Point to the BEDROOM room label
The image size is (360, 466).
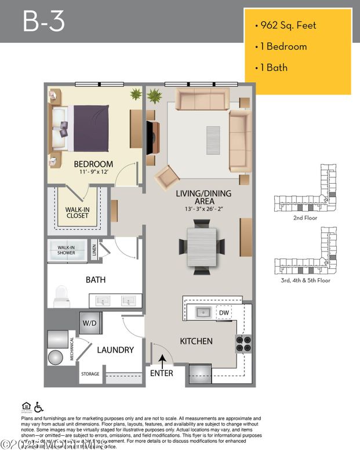(93, 164)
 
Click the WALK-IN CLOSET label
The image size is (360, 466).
(77, 212)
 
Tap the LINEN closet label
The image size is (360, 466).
(94, 250)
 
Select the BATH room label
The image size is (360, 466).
(96, 279)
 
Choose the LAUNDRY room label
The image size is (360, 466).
(115, 350)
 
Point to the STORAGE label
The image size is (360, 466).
(90, 374)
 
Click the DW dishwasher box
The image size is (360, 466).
(224, 313)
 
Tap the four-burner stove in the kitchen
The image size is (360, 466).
(243, 343)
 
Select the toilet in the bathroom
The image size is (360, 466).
(60, 296)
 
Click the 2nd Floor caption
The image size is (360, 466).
(305, 220)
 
